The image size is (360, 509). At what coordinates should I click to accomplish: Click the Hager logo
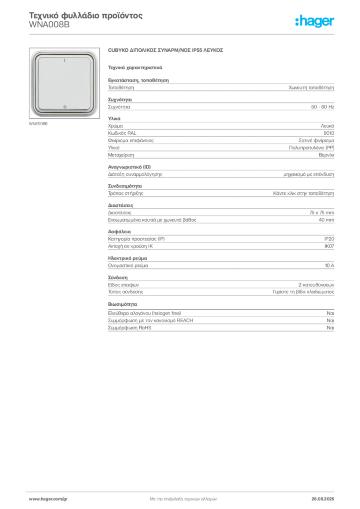314,21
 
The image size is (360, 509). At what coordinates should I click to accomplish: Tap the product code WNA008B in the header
49,25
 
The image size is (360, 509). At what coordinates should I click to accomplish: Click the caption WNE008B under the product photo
38,124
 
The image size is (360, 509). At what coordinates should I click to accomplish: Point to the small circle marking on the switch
65,107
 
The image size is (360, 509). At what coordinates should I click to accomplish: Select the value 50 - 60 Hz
322,107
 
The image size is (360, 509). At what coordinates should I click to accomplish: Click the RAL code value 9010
329,133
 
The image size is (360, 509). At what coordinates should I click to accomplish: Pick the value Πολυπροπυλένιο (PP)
311,148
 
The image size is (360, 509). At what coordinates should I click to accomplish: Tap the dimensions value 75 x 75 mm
321,213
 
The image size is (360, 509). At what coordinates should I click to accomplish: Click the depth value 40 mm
326,220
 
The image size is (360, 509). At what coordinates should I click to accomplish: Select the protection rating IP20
329,239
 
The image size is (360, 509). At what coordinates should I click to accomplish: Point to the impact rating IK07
329,246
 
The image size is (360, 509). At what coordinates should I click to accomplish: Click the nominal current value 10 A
329,265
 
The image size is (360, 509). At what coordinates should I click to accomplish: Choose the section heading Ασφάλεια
119,232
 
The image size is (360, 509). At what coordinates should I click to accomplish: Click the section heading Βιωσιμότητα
122,304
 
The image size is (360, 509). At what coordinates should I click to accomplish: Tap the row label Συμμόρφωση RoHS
129,328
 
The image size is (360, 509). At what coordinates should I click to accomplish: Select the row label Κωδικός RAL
122,133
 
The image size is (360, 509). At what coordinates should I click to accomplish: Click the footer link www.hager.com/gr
48,499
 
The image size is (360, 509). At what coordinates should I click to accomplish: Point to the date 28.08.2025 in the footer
323,499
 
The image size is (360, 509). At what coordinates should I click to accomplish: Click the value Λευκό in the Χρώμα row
327,126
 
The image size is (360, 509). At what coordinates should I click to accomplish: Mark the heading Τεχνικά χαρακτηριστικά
135,68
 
